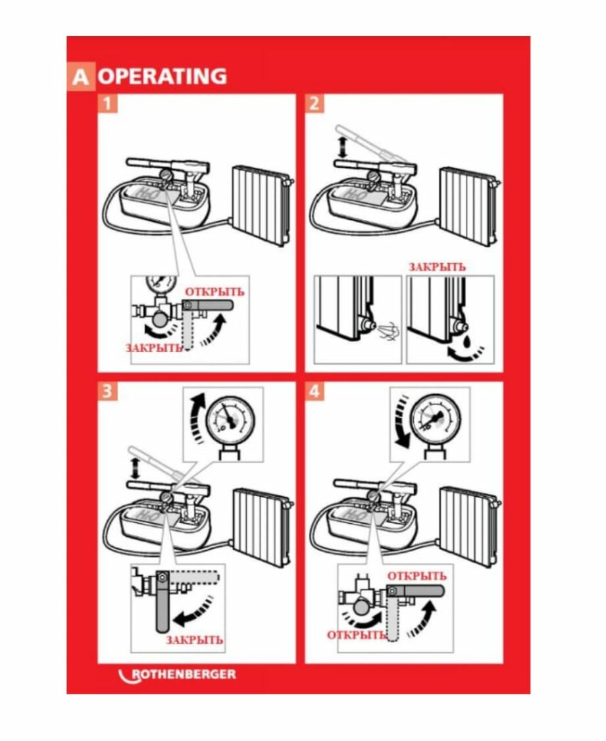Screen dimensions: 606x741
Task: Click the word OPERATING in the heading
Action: pos(163,76)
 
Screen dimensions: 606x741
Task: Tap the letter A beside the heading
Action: pos(81,76)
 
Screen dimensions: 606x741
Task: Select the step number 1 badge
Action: pos(107,103)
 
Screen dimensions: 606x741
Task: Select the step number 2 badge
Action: pos(315,103)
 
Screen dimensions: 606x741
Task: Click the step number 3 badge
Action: pos(107,392)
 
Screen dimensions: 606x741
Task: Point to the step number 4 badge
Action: pos(315,392)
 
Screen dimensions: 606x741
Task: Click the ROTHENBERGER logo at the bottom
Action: pos(177,675)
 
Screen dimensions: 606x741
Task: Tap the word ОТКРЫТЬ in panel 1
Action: pos(215,292)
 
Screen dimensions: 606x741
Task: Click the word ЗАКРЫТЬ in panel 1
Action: pos(154,348)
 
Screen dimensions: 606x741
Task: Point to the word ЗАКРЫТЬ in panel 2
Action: pos(437,267)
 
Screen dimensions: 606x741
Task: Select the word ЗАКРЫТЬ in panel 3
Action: pos(195,640)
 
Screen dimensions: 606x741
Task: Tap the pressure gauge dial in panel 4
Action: pos(435,419)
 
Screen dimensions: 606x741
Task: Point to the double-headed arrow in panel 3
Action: pos(136,468)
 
